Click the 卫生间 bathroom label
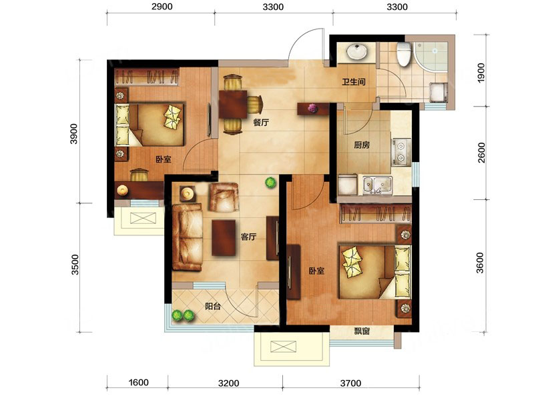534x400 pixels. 354,82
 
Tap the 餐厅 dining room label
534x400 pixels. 261,123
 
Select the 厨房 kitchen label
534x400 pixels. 361,145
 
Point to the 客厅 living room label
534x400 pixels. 248,237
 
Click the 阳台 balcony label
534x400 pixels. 213,306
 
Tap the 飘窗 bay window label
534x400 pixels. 362,331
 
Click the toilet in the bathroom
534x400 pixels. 404,54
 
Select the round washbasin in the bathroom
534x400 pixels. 356,52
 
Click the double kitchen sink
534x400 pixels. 377,185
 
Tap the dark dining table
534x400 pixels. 233,105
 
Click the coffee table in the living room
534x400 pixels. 224,238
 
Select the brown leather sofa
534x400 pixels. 187,237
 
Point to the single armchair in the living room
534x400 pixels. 224,197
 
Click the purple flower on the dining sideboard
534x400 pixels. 312,108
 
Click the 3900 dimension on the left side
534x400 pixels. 74,134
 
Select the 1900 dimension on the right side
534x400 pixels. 481,73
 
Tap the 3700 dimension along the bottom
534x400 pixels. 350,383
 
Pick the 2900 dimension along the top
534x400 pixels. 162,7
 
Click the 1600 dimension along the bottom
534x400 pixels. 138,383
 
